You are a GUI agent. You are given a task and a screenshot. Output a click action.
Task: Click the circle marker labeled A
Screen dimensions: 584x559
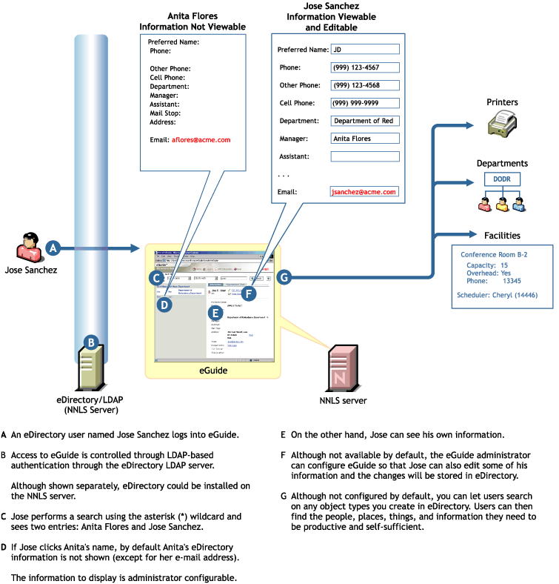pos(53,249)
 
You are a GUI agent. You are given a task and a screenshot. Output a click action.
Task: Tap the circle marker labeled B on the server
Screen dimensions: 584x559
pos(90,342)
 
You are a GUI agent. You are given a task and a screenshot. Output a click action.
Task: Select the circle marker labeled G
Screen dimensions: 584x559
pos(284,277)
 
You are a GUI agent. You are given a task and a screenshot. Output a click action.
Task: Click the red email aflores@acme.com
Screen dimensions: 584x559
pos(201,139)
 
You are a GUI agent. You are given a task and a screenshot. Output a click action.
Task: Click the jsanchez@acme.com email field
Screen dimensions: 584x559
pos(364,191)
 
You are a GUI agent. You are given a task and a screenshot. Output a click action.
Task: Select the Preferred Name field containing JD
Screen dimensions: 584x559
pos(364,50)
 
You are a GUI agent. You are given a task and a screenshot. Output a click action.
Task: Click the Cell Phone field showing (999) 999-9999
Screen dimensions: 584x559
pos(364,103)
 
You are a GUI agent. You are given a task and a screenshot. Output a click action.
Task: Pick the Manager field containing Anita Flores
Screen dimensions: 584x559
pos(364,138)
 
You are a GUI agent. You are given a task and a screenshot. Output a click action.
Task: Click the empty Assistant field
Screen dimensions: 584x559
pos(364,156)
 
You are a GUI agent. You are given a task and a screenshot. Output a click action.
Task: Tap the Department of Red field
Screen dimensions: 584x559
pos(364,121)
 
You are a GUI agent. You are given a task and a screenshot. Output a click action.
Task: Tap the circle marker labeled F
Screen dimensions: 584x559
pos(249,293)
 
